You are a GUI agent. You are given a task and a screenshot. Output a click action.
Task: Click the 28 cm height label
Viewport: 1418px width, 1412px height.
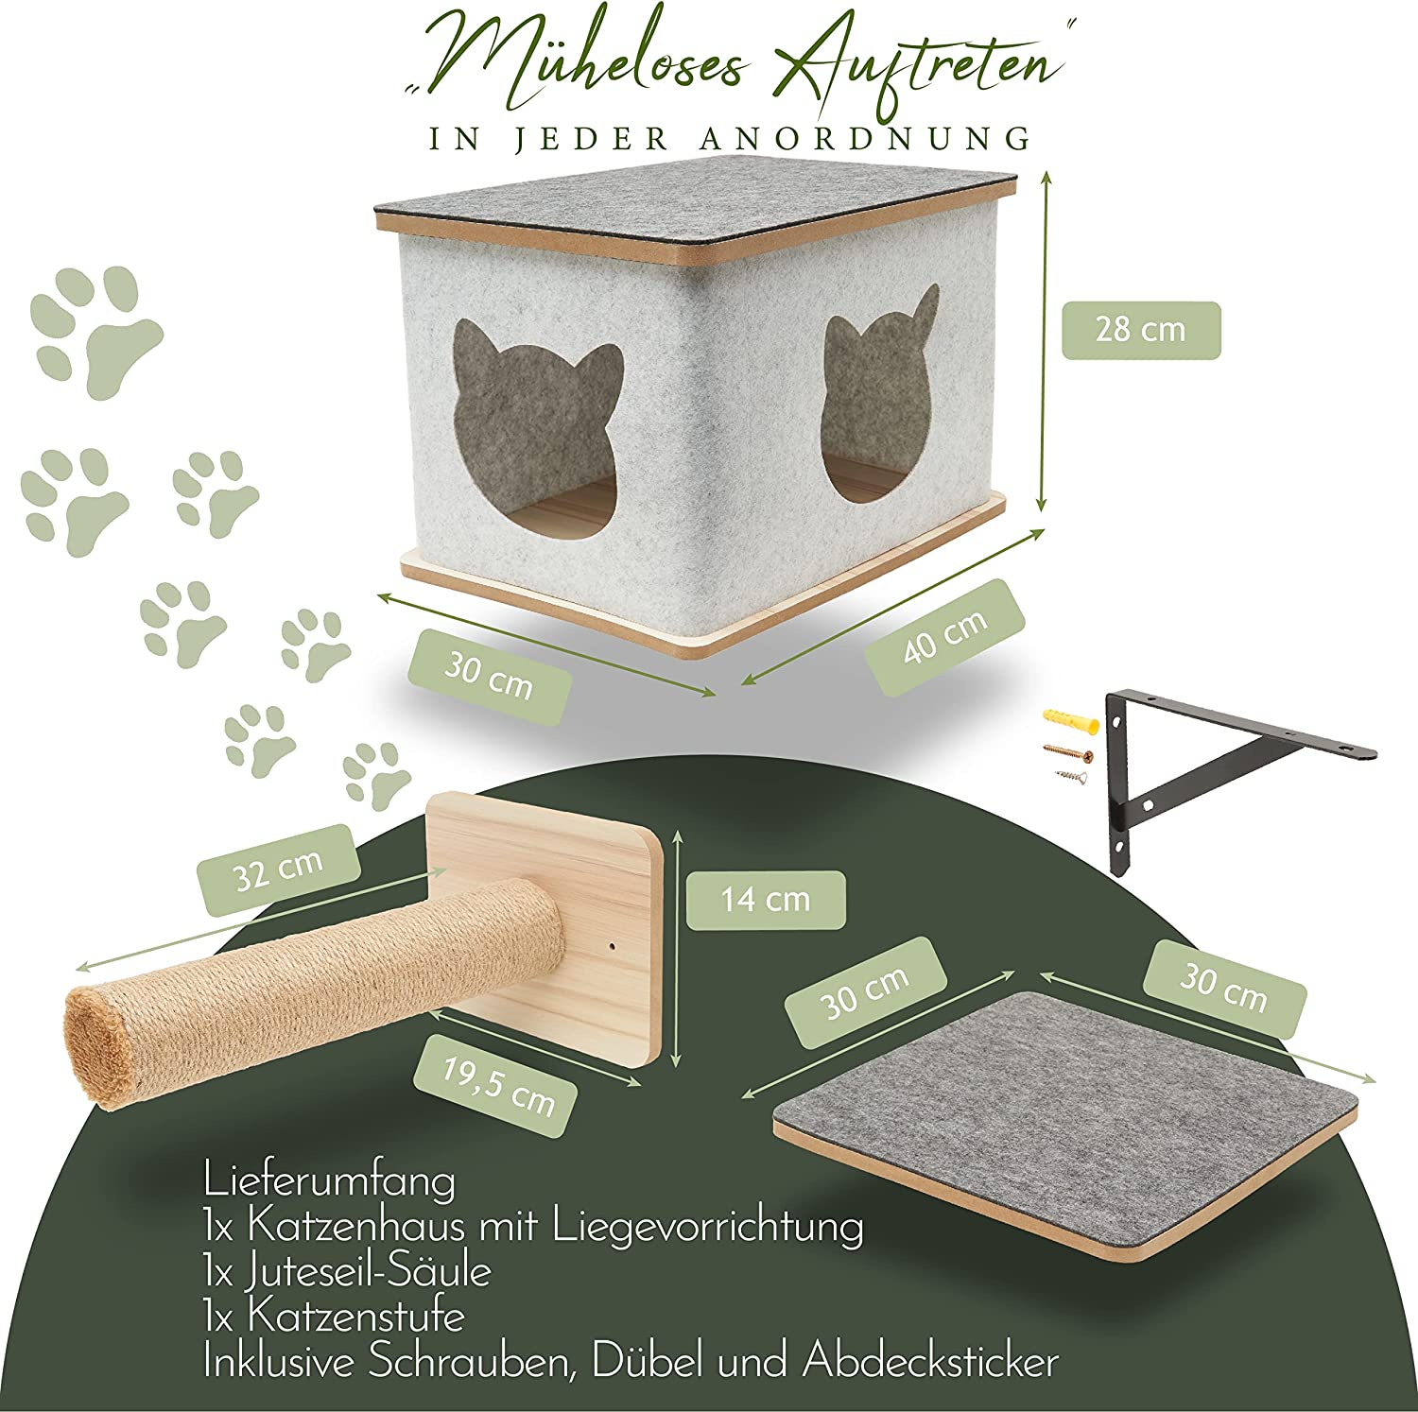[x=1141, y=330]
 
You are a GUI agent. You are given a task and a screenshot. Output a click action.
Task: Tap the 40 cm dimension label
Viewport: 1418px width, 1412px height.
[x=945, y=638]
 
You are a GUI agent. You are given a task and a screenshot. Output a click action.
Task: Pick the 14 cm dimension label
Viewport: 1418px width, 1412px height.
[x=766, y=899]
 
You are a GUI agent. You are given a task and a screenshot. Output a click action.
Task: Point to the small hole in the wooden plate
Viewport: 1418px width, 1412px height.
[x=610, y=944]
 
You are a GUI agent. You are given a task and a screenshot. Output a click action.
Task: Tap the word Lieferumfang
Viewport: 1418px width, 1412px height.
[x=328, y=1181]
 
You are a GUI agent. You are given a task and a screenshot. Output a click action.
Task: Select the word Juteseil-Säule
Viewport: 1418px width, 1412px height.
[x=370, y=1272]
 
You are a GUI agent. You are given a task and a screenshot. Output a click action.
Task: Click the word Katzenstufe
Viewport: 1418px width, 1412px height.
[x=355, y=1317]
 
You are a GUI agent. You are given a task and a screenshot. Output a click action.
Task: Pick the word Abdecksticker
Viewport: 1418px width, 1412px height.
[x=930, y=1362]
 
